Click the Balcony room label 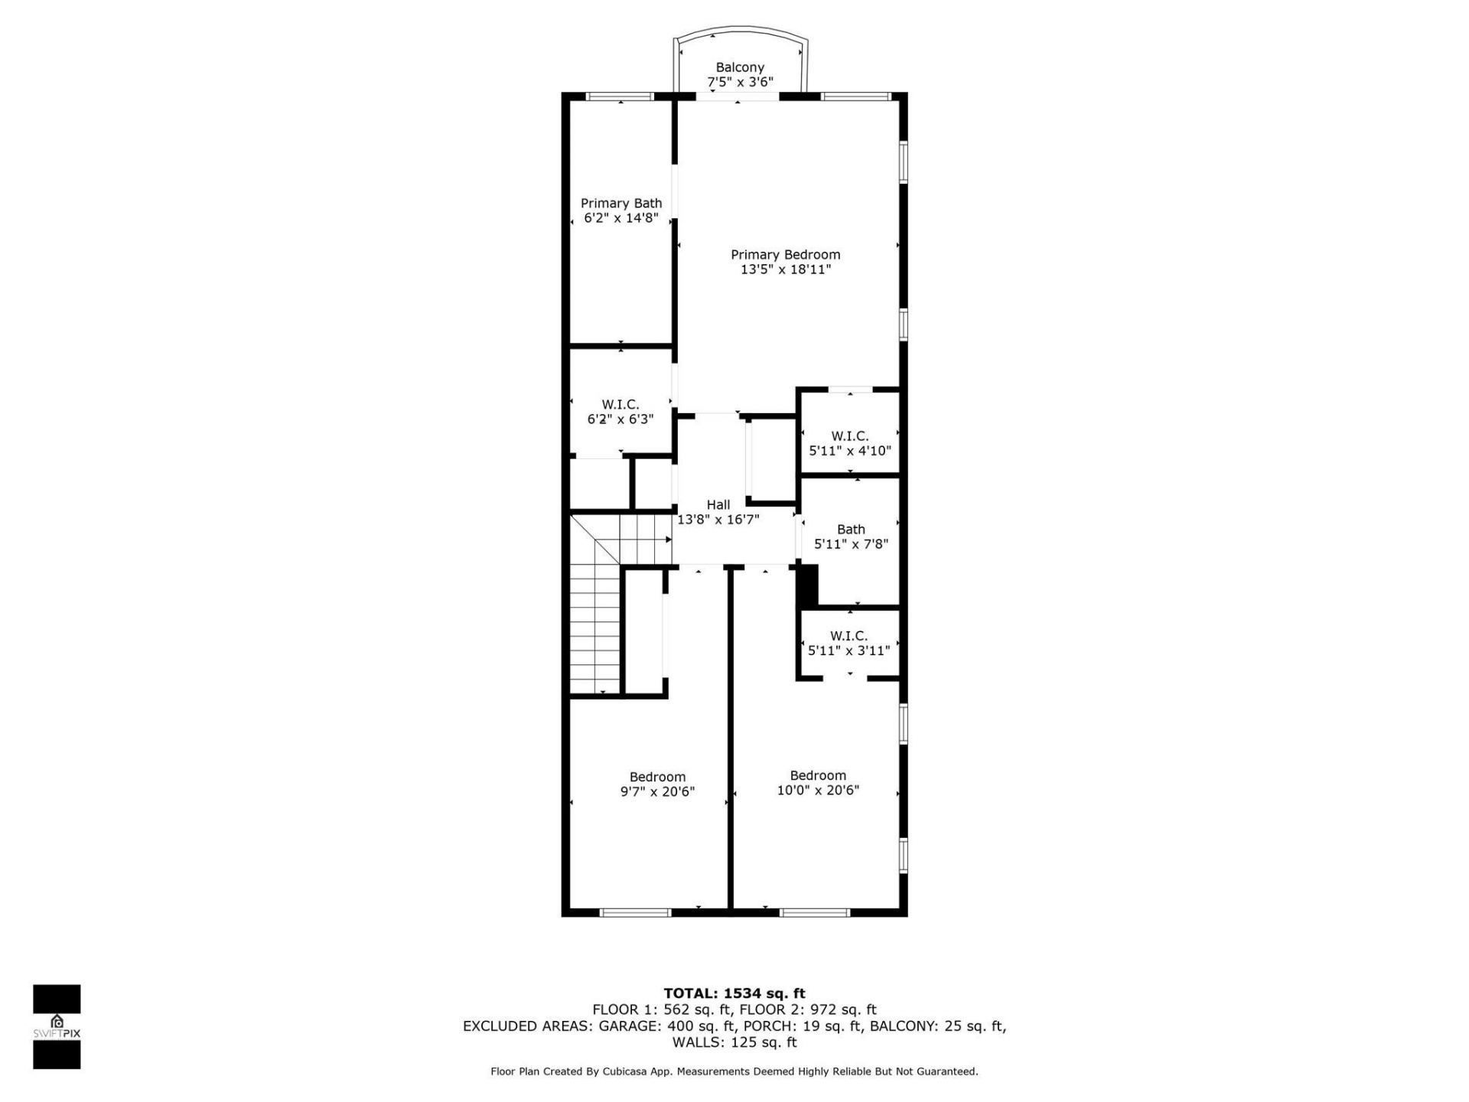739,68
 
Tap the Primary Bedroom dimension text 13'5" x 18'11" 785,269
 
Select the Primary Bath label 620,204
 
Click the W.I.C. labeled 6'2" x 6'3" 620,412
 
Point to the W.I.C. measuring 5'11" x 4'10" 849,443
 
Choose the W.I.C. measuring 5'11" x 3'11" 849,643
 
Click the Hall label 718,505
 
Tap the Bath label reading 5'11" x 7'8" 851,536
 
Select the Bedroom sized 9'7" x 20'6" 657,784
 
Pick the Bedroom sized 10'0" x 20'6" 818,783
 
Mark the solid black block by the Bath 807,585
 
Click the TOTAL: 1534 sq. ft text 734,993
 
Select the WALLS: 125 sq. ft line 734,1042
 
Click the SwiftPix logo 57,1025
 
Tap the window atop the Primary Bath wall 620,96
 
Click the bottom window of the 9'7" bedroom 635,912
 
